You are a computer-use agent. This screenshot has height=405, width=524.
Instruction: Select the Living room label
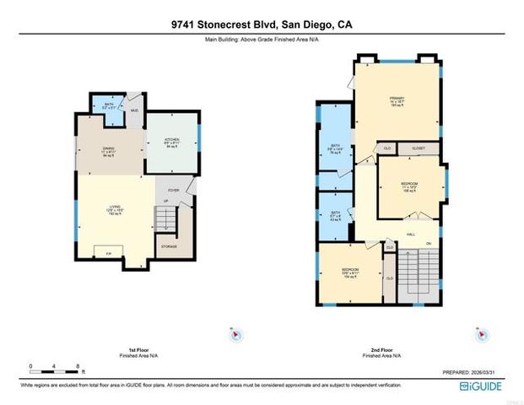click(x=111, y=209)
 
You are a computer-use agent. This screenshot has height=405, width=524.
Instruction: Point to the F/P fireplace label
click(x=109, y=254)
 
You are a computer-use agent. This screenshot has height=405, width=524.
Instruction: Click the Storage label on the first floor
click(x=169, y=246)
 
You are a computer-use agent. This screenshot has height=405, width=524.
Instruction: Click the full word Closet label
click(x=419, y=148)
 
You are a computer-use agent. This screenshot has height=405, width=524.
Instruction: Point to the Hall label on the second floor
click(x=411, y=234)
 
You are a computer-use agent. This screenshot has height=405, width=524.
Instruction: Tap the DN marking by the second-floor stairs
click(x=429, y=244)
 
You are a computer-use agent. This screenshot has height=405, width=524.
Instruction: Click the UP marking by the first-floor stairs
click(x=165, y=201)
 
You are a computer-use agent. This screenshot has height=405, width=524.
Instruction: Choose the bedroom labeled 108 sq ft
click(x=408, y=186)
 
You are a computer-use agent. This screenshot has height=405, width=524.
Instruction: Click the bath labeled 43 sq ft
click(x=335, y=216)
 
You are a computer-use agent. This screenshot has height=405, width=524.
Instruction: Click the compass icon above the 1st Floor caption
click(x=236, y=335)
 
